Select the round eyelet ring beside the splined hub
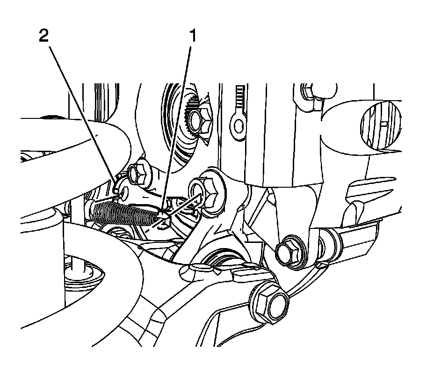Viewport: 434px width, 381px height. click(239, 125)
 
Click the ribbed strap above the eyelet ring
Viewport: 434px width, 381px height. click(240, 99)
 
